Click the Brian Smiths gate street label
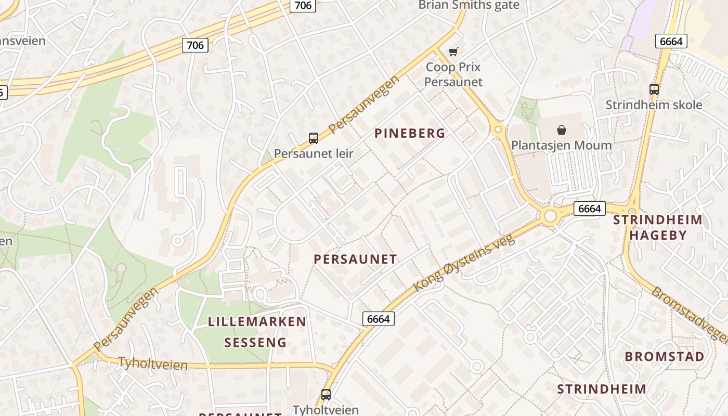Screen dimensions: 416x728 469,5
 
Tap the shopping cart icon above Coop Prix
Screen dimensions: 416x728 453,51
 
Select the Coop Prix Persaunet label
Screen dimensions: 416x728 453,74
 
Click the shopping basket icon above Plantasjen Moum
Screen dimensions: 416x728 562,129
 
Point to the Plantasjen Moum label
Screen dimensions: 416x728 562,145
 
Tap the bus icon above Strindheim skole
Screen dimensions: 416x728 654,89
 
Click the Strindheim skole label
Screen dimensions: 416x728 654,105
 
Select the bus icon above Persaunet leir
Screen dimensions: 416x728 314,138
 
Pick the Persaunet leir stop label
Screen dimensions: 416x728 314,153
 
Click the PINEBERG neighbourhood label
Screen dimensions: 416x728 410,134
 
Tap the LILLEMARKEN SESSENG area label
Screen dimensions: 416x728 257,332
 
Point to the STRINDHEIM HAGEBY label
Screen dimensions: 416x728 657,227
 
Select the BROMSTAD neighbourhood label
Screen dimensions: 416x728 665,357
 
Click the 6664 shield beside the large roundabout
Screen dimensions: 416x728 590,209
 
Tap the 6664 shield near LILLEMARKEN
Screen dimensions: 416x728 378,319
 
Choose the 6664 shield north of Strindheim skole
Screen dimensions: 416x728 671,41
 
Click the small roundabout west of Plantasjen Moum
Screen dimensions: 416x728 498,128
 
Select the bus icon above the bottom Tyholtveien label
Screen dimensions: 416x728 326,395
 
